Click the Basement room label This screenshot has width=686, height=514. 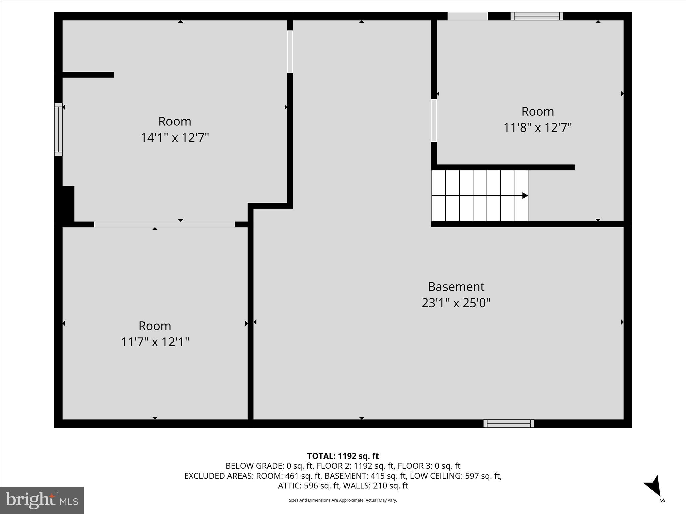pyautogui.click(x=456, y=287)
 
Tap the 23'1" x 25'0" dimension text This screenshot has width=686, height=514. pyautogui.click(x=456, y=303)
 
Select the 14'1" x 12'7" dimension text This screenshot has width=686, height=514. pyautogui.click(x=175, y=138)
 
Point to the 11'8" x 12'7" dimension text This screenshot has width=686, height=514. pyautogui.click(x=538, y=127)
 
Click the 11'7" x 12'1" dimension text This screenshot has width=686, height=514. pyautogui.click(x=155, y=342)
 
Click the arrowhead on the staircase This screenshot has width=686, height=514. pyautogui.click(x=525, y=196)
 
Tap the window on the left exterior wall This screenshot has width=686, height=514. pyautogui.click(x=58, y=129)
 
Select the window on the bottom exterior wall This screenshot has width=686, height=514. pyautogui.click(x=508, y=424)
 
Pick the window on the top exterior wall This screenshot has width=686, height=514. pyautogui.click(x=537, y=16)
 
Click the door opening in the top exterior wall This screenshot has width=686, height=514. pyautogui.click(x=468, y=16)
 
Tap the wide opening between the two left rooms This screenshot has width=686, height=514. pyautogui.click(x=165, y=224)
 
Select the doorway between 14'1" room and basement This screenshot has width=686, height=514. pyautogui.click(x=290, y=52)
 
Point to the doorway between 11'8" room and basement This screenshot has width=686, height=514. pyautogui.click(x=434, y=120)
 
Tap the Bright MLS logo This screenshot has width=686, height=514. pyautogui.click(x=42, y=500)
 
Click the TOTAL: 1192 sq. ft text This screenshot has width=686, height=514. pyautogui.click(x=343, y=456)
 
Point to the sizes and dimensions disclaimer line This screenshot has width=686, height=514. pyautogui.click(x=343, y=500)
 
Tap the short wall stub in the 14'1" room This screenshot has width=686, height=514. pyautogui.click(x=88, y=75)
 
